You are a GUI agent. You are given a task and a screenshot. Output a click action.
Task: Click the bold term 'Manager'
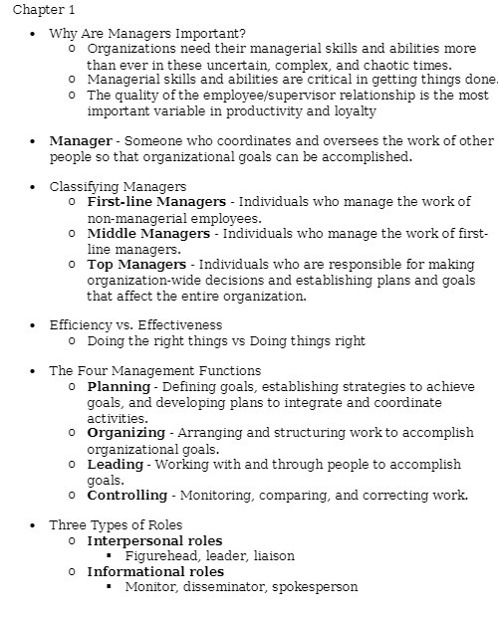tap(80, 141)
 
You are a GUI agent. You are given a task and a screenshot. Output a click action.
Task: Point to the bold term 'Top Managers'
tap(136, 265)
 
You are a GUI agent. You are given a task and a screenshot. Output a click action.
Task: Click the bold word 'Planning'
tap(119, 386)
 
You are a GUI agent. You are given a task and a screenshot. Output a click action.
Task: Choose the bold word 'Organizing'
tap(126, 433)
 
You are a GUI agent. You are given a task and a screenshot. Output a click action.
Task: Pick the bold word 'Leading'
tap(116, 464)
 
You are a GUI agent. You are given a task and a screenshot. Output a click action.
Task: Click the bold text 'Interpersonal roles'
tap(154, 540)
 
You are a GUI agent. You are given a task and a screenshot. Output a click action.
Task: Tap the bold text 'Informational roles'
tap(155, 571)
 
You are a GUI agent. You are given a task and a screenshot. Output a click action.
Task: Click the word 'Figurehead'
tap(161, 556)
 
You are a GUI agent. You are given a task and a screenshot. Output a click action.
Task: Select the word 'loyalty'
tap(329, 111)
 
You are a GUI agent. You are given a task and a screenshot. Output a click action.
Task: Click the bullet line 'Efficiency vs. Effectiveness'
tap(135, 324)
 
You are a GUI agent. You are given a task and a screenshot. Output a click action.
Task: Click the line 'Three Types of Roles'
tap(116, 524)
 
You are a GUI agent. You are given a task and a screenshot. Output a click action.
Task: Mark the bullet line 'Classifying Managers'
tap(118, 186)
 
